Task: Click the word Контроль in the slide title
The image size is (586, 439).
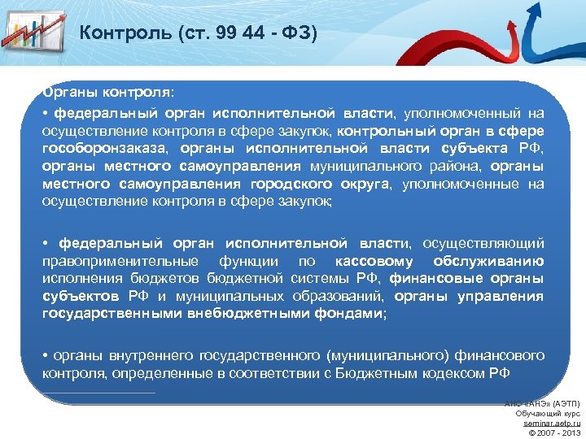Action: pos(120,33)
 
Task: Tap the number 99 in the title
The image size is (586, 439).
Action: pos(212,33)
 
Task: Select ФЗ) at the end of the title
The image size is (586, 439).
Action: pos(296,33)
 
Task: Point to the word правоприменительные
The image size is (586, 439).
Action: pos(120,261)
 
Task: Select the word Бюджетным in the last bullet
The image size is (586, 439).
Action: pos(352,373)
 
